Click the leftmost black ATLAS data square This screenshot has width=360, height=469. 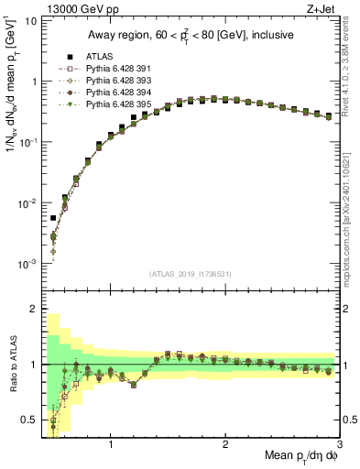[53, 219]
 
